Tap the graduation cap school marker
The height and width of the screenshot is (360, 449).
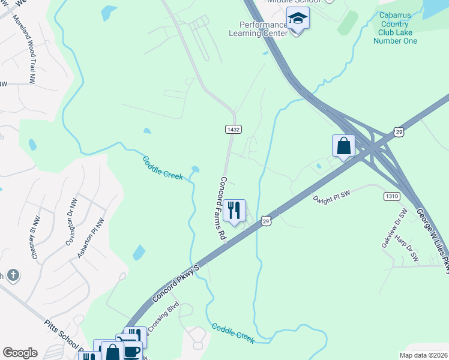pyautogui.click(x=297, y=20)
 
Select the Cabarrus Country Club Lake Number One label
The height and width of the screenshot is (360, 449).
pyautogui.click(x=394, y=28)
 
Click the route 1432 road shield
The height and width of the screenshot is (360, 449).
pyautogui.click(x=234, y=130)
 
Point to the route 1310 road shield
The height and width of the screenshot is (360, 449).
pyautogui.click(x=392, y=196)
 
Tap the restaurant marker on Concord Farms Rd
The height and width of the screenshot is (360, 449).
pyautogui.click(x=234, y=210)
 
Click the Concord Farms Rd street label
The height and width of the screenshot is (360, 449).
pyautogui.click(x=222, y=209)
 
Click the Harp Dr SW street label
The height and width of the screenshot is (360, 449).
pyautogui.click(x=406, y=248)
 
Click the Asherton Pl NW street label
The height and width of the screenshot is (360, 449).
pyautogui.click(x=91, y=238)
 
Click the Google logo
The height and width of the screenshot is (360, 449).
pyautogui.click(x=20, y=353)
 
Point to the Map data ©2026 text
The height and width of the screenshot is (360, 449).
pyautogui.click(x=423, y=355)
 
